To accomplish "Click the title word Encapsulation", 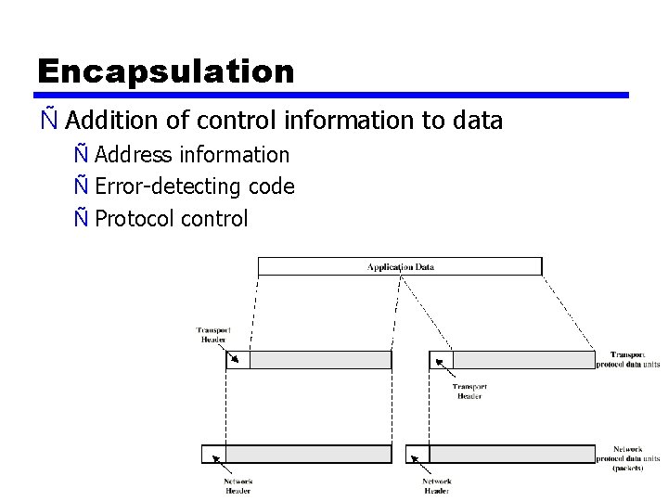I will pyautogui.click(x=165, y=71).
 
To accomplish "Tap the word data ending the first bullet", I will pyautogui.click(x=477, y=121).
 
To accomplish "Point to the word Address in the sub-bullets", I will pyautogui.click(x=133, y=155).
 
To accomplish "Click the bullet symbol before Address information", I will pyautogui.click(x=83, y=155).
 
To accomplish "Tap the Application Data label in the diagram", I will pyautogui.click(x=400, y=267).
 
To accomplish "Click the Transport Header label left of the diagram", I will pyautogui.click(x=213, y=335).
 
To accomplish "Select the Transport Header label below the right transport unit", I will pyautogui.click(x=469, y=392).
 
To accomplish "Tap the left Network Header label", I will pyautogui.click(x=238, y=486).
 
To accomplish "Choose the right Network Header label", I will pyautogui.click(x=437, y=486).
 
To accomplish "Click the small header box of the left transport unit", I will pyautogui.click(x=238, y=360).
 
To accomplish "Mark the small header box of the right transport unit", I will pyautogui.click(x=441, y=360).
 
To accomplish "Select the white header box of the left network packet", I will pyautogui.click(x=212, y=454).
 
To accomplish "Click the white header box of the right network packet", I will pyautogui.click(x=417, y=454).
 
